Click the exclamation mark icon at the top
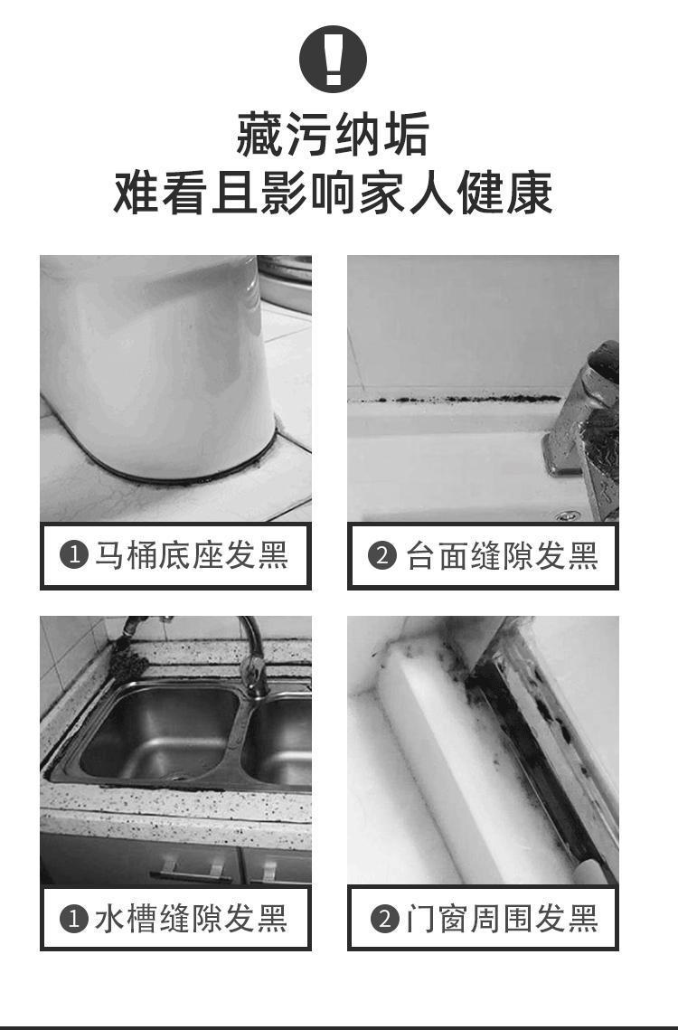333,59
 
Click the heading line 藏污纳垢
333,134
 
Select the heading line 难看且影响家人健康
333,193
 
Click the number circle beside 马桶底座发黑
73,556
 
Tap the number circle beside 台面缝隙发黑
382,556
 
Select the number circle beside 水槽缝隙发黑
73,919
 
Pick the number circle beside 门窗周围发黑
385,919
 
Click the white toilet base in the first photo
157,368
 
